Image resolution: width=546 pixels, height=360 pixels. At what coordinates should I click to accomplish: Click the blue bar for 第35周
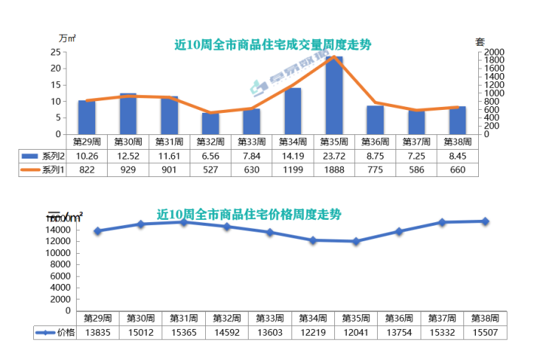(334, 96)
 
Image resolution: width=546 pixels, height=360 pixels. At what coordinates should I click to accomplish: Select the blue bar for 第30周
(128, 114)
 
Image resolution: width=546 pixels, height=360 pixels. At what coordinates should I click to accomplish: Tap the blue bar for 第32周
(210, 124)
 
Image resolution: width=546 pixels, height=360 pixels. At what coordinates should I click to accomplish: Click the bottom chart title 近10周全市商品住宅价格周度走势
(249, 215)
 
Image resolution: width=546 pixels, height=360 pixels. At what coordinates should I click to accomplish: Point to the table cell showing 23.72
(334, 156)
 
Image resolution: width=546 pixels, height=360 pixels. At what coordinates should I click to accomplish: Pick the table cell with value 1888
(334, 170)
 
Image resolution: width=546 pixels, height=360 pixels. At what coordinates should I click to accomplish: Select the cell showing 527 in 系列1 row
(211, 170)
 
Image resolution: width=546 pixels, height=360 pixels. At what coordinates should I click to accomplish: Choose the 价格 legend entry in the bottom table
(55, 333)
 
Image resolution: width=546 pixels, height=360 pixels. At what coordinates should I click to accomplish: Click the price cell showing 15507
(485, 333)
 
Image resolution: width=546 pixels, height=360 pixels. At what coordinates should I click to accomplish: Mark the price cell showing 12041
(356, 333)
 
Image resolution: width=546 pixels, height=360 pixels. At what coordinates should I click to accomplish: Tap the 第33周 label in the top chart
(252, 141)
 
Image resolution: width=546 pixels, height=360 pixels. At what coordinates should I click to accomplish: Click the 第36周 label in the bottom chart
(399, 319)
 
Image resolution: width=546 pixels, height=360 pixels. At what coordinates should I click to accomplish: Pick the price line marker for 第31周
(183, 221)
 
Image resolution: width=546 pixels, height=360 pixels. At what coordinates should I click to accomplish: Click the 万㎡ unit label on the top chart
(66, 38)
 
